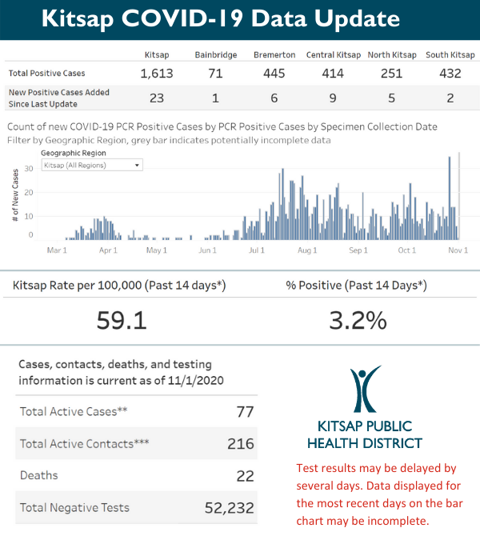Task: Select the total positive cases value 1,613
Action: [157, 74]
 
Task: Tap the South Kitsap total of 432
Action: [450, 74]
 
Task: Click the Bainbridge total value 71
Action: [214, 74]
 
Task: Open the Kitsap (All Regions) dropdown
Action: [92, 165]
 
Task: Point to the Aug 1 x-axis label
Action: [307, 250]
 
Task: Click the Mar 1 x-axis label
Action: [57, 250]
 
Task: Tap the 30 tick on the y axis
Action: [29, 168]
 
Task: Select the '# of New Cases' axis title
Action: [16, 196]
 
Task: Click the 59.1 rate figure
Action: [122, 320]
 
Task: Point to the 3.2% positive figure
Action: [358, 320]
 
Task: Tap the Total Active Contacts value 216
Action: [240, 444]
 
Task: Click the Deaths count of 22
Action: [245, 476]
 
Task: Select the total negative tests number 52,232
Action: [227, 507]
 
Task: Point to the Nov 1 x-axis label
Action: [458, 250]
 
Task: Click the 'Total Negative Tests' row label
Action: [74, 507]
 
